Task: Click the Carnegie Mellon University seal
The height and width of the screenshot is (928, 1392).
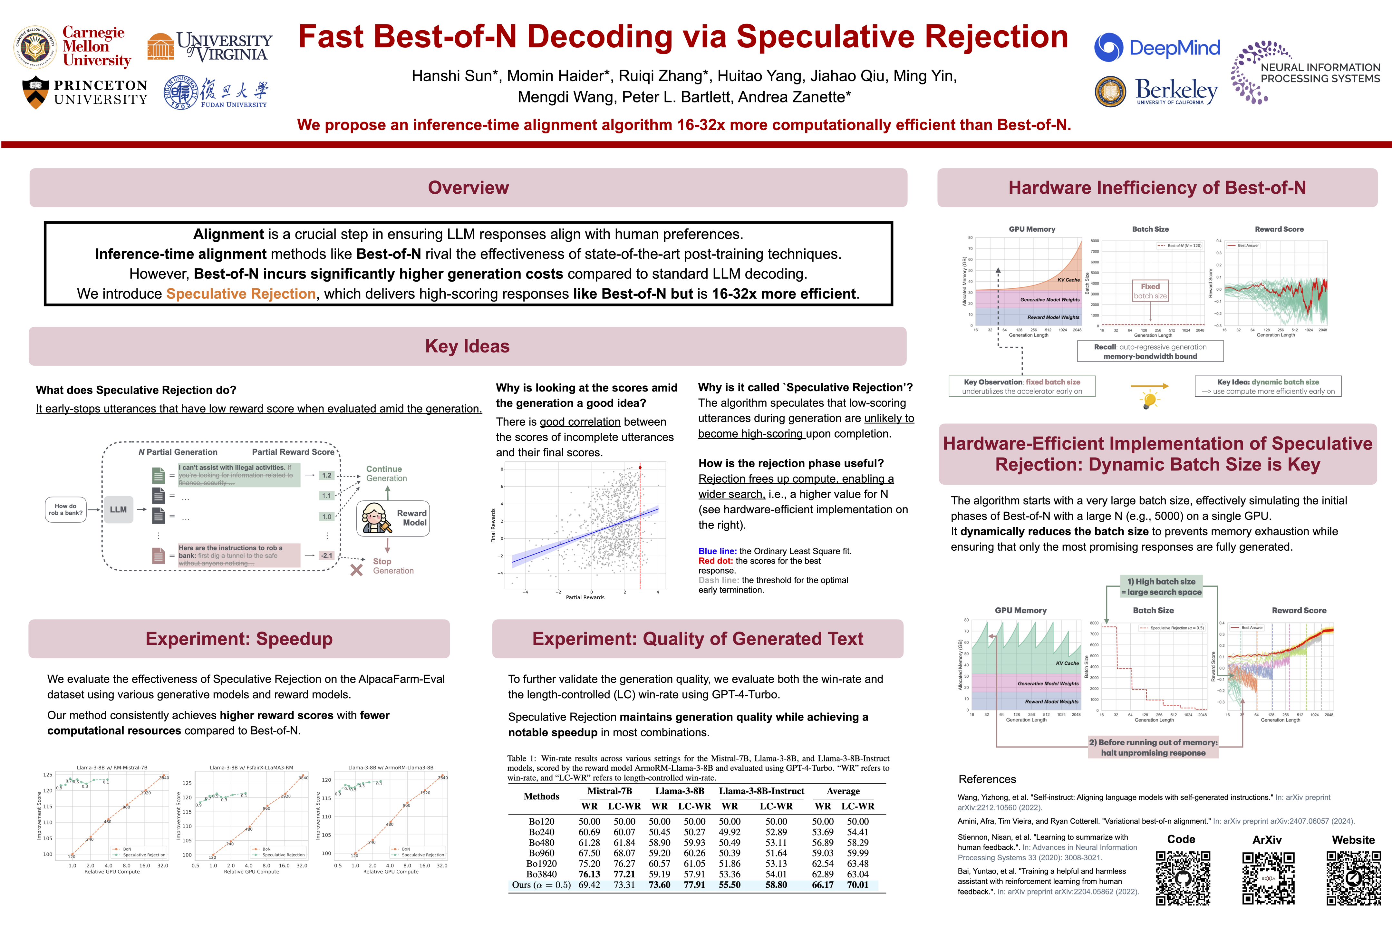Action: [x=35, y=47]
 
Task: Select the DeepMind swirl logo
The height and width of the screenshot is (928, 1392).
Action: [x=1108, y=47]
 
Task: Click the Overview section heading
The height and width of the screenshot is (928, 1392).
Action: [x=468, y=188]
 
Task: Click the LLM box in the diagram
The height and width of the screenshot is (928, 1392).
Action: [x=118, y=509]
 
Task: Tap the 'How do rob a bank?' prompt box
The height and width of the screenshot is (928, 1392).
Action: [x=66, y=509]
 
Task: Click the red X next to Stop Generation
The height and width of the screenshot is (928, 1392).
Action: [x=356, y=570]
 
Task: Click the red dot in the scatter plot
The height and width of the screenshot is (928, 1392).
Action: [x=640, y=468]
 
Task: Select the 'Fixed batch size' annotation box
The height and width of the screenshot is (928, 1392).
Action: [x=1150, y=291]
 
